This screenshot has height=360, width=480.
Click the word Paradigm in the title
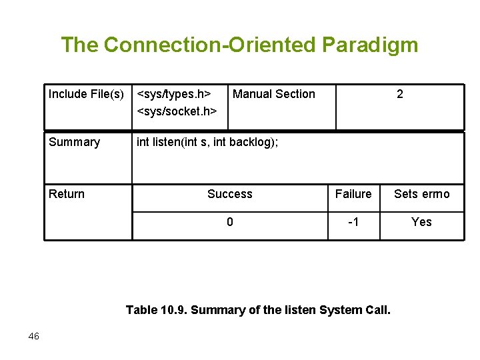click(370, 45)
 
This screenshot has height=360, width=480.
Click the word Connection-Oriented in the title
click(211, 45)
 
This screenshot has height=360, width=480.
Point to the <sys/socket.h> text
click(177, 111)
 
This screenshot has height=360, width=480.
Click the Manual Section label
click(274, 94)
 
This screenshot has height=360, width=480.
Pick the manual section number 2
click(399, 94)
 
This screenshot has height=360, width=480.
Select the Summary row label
click(74, 142)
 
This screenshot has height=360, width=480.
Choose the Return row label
click(67, 194)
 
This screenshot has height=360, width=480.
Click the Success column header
click(229, 194)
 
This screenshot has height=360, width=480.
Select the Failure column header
click(353, 194)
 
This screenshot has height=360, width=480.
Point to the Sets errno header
click(421, 194)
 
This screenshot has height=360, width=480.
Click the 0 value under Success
click(229, 222)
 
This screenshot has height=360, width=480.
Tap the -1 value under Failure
click(353, 222)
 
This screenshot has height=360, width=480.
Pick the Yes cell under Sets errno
click(421, 222)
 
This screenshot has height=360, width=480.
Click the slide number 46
click(34, 336)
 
